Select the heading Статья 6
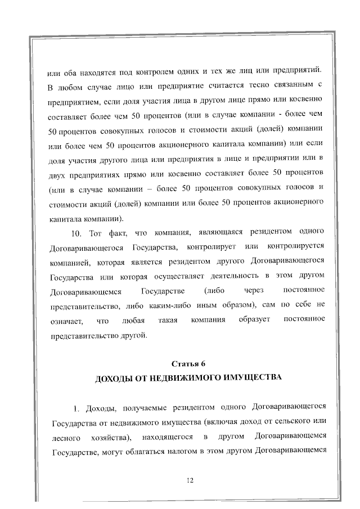(x=188, y=362)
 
